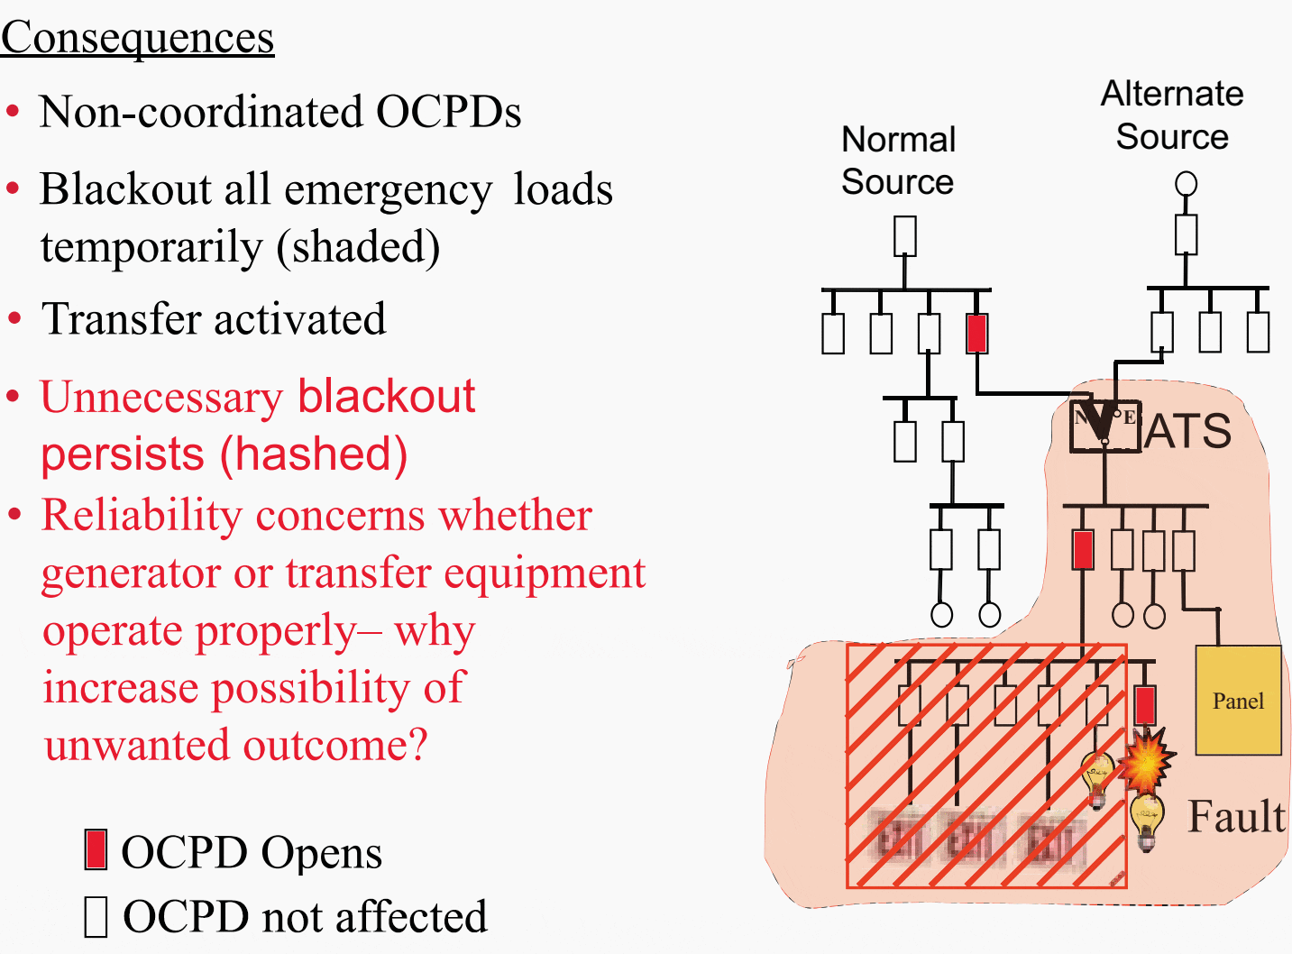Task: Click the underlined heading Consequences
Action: pos(137,38)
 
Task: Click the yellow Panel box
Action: pos(1238,701)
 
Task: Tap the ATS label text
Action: pos(1188,431)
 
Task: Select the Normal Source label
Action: pos(898,161)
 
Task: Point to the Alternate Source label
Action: pos(1172,115)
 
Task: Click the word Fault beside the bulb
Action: pos(1235,817)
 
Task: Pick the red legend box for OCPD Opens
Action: pos(96,850)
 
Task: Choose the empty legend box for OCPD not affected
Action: pos(96,916)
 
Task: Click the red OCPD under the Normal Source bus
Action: pos(976,333)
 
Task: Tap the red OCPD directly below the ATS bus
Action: pos(1083,550)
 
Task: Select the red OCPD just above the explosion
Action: pos(1145,705)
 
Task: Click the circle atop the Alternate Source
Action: pos(1187,184)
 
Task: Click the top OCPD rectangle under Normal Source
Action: pos(905,236)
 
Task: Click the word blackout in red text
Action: pos(386,397)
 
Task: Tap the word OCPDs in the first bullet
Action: pos(448,113)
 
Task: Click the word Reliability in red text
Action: pos(140,516)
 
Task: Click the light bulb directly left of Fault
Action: pos(1146,820)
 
